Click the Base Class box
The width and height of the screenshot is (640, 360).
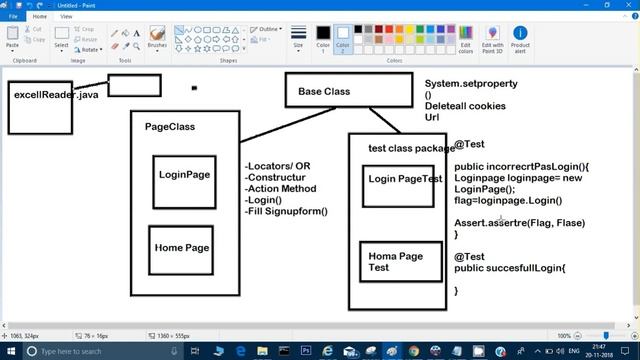[x=348, y=91]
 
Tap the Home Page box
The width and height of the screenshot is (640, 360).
[x=182, y=249]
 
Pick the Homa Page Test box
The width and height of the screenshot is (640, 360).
[x=398, y=262]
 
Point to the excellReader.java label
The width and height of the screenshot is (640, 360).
[x=56, y=96]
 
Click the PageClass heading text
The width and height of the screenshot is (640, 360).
[x=170, y=127]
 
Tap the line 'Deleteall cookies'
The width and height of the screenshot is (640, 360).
[x=465, y=106]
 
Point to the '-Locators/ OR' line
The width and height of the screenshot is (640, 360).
[x=278, y=166]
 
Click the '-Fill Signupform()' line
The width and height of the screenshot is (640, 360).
[x=286, y=211]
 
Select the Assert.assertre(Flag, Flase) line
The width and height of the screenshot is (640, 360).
[x=519, y=223]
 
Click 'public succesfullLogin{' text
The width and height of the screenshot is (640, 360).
[x=510, y=268]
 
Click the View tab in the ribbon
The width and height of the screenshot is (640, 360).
[x=66, y=17]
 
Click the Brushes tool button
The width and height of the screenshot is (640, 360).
[x=157, y=39]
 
